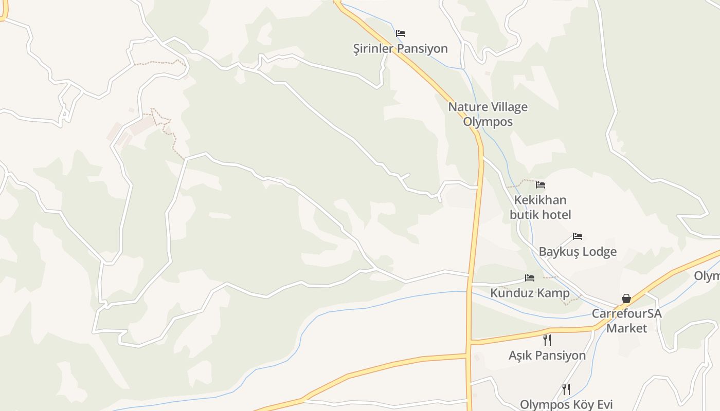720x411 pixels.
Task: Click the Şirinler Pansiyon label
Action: click(x=400, y=49)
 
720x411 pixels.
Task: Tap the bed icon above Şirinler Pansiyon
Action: click(x=401, y=33)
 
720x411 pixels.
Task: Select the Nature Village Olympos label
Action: click(x=488, y=114)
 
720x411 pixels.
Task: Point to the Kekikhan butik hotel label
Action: click(x=540, y=207)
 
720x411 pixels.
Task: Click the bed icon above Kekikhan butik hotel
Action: click(x=540, y=185)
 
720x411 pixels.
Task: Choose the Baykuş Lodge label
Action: click(x=578, y=252)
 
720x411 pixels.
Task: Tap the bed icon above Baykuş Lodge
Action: click(x=578, y=236)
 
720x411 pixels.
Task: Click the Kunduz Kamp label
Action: click(x=530, y=293)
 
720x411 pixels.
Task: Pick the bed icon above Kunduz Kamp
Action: click(x=530, y=278)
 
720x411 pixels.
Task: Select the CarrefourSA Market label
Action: click(x=626, y=321)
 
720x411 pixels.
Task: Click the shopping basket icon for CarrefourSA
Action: click(x=626, y=298)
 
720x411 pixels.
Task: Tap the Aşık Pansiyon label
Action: click(x=547, y=356)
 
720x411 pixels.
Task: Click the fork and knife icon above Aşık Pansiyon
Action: click(x=547, y=340)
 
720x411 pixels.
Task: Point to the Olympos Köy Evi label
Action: click(x=566, y=405)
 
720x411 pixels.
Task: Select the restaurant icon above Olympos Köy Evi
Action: click(x=566, y=389)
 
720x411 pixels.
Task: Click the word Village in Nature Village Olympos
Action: click(x=506, y=107)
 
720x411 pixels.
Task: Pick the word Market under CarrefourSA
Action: click(x=626, y=328)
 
